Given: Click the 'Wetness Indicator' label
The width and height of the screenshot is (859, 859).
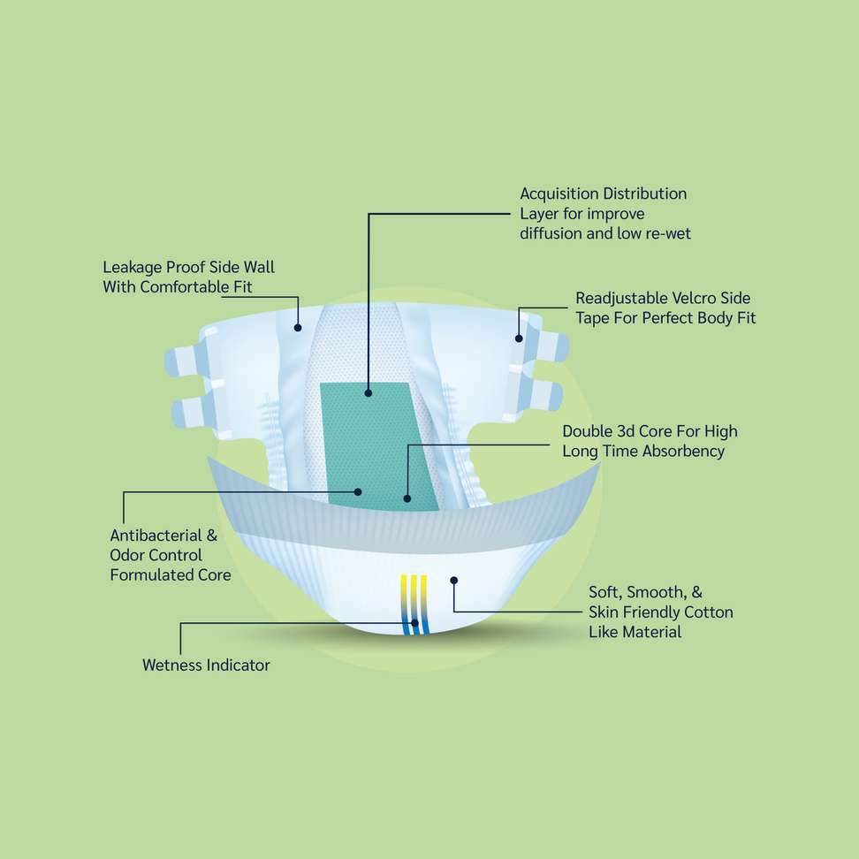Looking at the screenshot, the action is [206, 665].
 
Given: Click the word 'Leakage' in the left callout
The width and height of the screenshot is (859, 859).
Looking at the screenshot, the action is [132, 268].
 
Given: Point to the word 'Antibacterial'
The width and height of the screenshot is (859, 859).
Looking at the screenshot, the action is [156, 536].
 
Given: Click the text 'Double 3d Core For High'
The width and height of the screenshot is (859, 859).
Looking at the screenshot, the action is [650, 431].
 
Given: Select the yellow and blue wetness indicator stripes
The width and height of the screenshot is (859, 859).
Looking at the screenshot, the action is [414, 604].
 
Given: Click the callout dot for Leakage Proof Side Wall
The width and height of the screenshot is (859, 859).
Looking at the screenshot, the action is [298, 328].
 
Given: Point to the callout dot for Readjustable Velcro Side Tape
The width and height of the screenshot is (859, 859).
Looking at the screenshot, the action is [519, 338].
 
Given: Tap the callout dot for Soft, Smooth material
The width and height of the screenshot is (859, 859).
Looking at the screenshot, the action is [453, 580].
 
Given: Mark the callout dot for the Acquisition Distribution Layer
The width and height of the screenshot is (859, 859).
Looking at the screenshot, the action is [369, 392].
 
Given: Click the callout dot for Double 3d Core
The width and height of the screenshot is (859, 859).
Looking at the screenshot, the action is [407, 498].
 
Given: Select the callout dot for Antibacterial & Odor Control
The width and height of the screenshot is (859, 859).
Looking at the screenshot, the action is [358, 492].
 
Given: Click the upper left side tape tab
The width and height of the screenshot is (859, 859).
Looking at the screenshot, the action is [185, 360].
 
